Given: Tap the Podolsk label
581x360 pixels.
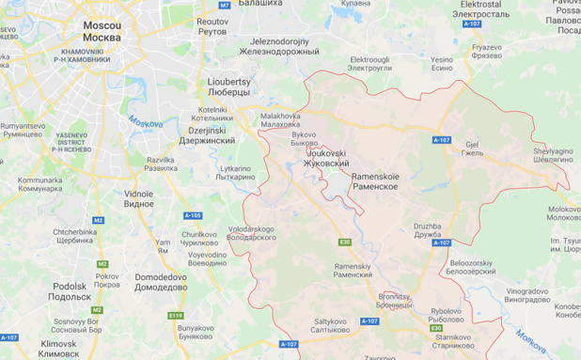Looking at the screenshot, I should pos(71,290).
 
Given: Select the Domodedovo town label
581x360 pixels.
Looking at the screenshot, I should pos(160,283).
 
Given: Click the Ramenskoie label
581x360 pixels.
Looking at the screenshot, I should pos(375,181).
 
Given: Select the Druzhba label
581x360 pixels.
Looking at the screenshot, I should pos(428,230).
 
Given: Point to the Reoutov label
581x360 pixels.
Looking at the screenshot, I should pos(213,25).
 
